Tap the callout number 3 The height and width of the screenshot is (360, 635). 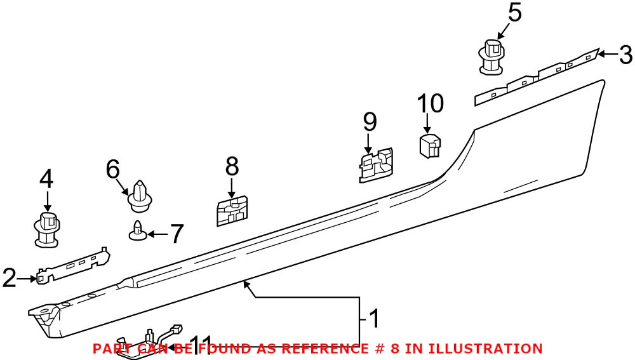coord(625,55)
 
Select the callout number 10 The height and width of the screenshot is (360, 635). coord(430,103)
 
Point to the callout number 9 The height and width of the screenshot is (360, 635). coord(370,122)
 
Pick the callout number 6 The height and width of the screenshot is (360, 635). coord(113,170)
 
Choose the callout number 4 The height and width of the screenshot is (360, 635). coord(46,179)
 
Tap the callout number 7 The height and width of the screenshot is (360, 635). coord(176,234)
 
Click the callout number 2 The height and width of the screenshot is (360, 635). coord(10,278)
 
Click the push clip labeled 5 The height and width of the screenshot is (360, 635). coord(490,57)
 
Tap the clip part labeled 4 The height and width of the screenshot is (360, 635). coord(48,230)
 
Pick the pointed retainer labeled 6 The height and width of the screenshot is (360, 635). coord(140,196)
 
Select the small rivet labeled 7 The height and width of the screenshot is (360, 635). coord(137,230)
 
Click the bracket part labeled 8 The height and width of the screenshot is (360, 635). coord(232,211)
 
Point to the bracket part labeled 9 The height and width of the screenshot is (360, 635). coord(376,165)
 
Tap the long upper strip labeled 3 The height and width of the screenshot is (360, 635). coord(537,77)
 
